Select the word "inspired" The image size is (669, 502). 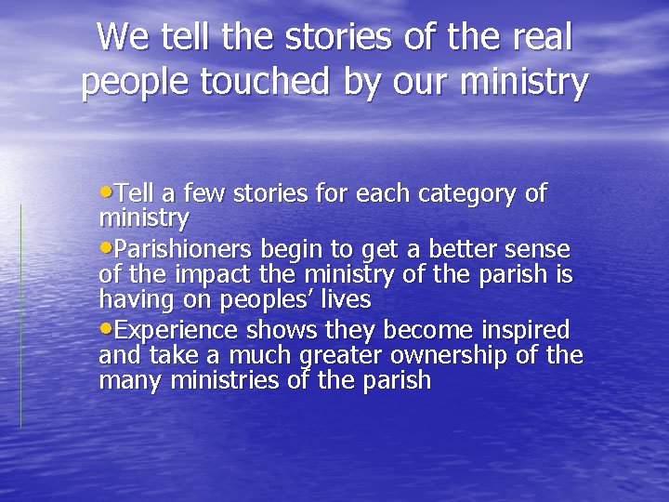[525, 330]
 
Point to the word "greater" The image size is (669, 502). [340, 356]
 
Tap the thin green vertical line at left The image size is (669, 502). [21, 316]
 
